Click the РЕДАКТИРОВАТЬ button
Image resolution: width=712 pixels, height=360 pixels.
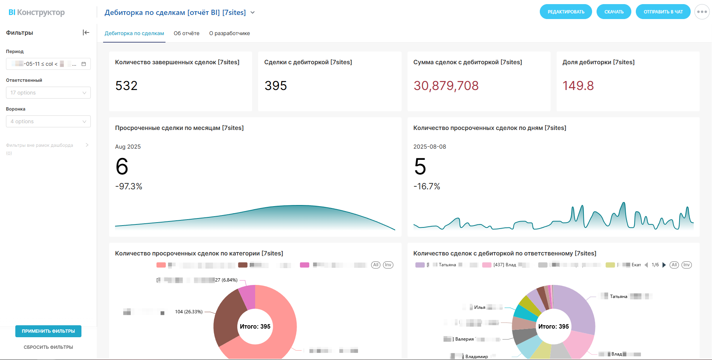tap(566, 12)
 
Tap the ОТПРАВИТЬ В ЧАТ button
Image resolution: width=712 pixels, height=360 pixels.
tap(663, 12)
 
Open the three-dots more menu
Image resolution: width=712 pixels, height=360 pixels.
tap(702, 12)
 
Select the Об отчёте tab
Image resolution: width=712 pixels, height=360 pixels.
tap(186, 33)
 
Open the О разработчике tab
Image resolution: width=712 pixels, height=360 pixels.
tap(229, 33)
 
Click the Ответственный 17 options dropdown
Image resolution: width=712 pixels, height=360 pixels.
tap(48, 93)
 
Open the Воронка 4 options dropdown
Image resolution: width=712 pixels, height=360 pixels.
tap(48, 121)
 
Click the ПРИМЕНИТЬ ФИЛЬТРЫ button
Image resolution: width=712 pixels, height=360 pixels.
tap(48, 331)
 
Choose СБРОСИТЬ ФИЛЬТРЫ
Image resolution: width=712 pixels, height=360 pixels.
tap(48, 347)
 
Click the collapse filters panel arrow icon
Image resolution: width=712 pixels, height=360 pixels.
tap(86, 32)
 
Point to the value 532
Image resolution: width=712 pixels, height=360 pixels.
tap(126, 86)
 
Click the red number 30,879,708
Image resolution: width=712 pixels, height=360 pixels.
tap(446, 86)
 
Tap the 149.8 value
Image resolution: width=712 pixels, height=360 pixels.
tap(578, 86)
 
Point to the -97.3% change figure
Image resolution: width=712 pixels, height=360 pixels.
tap(129, 186)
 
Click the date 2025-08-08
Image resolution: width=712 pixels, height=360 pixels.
tap(430, 147)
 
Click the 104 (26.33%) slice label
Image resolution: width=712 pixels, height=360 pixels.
tap(189, 312)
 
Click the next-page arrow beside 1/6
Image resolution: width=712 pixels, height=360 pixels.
tap(664, 265)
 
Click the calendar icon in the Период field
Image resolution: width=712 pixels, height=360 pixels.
tap(84, 64)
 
